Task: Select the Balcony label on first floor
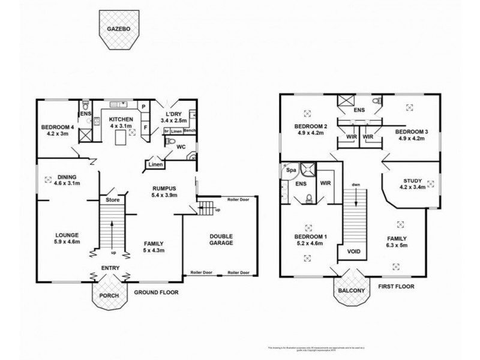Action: (x=352, y=290)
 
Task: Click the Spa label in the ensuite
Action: (x=291, y=170)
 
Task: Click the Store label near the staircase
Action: (x=112, y=199)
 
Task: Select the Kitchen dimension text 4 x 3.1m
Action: (x=121, y=126)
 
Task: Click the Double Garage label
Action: (x=221, y=239)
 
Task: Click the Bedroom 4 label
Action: (x=58, y=127)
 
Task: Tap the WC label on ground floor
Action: (x=181, y=146)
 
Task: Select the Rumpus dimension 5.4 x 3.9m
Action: (x=163, y=196)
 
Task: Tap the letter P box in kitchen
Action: (x=145, y=107)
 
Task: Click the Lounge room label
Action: (x=67, y=235)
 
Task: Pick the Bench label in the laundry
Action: (x=190, y=130)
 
